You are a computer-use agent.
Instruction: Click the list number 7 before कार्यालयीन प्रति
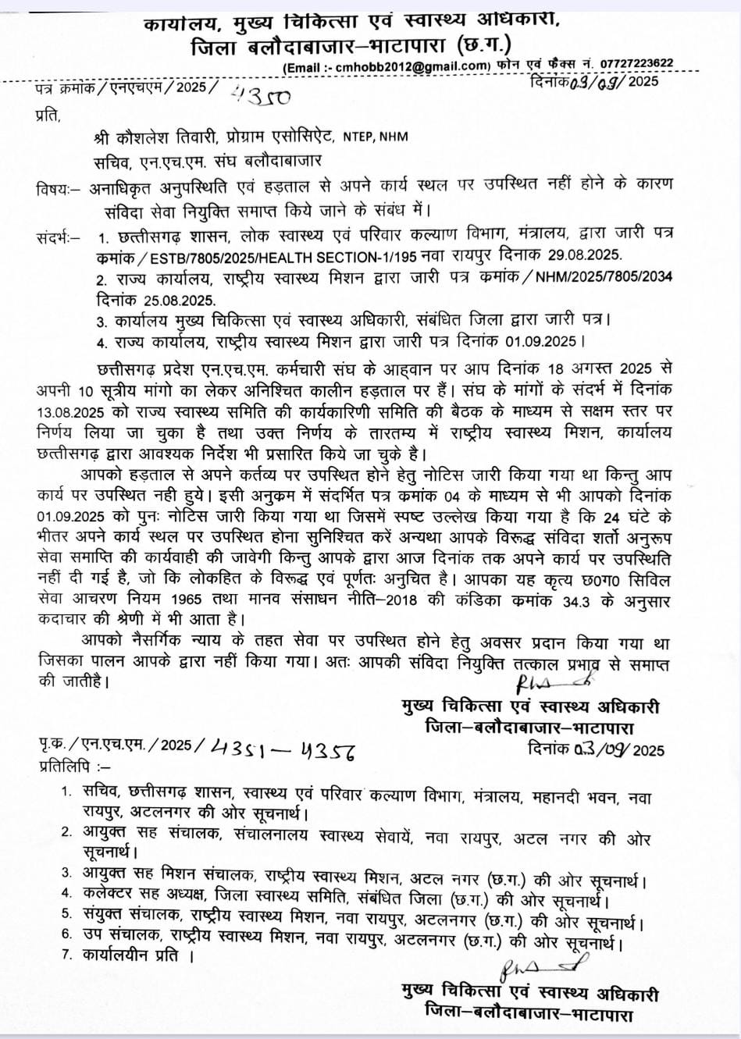[66, 954]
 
